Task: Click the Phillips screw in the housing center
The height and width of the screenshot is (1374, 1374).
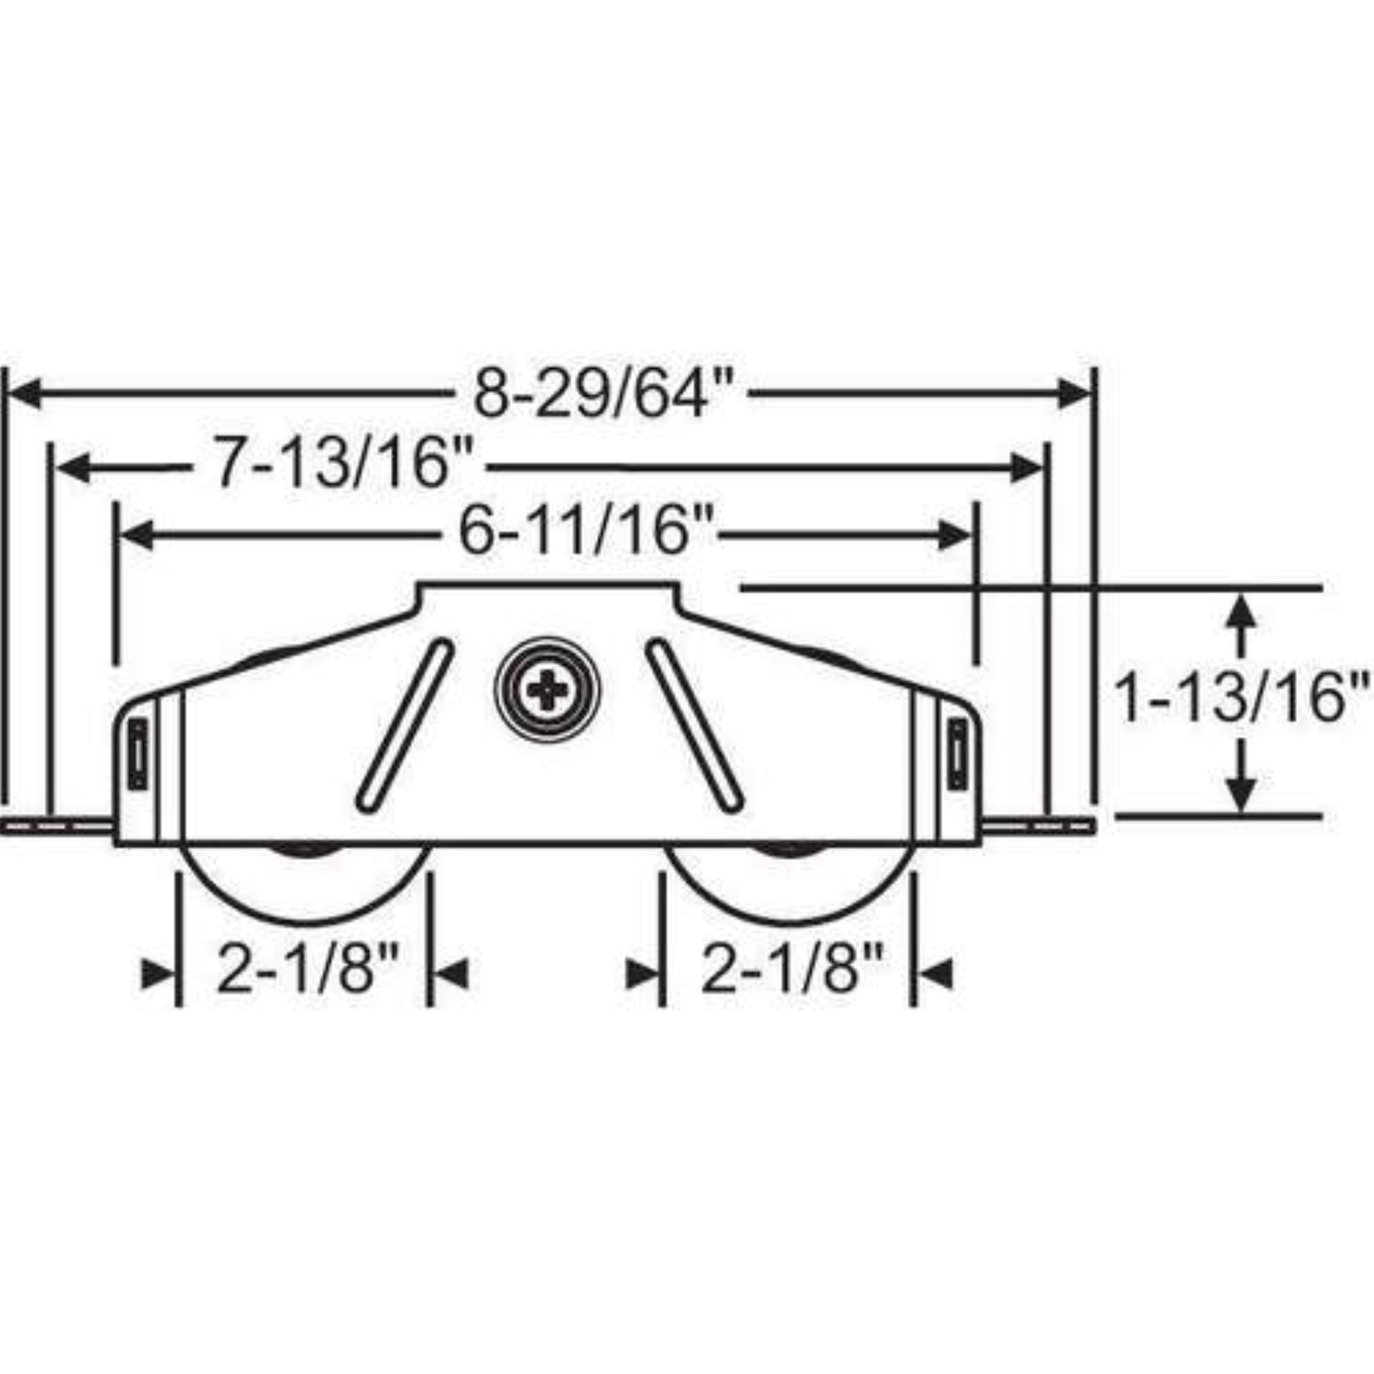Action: (x=547, y=689)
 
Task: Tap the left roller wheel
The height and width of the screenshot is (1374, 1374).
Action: (x=305, y=882)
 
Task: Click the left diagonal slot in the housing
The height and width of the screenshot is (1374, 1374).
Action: (x=404, y=725)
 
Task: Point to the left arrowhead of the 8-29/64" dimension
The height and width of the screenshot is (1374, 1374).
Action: (x=25, y=394)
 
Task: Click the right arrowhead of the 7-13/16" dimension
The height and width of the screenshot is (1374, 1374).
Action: (x=1027, y=467)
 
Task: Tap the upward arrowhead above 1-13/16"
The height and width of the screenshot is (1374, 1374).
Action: (x=1241, y=611)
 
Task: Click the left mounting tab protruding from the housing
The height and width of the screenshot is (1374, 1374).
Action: (x=57, y=825)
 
